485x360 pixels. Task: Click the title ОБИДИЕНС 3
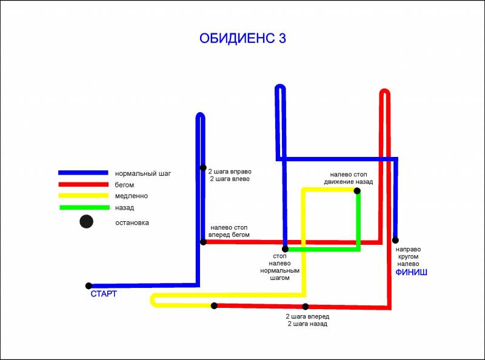tap(242, 38)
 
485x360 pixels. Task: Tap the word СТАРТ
tap(104, 294)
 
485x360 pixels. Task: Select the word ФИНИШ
tap(412, 272)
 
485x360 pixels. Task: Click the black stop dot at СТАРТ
tap(89, 286)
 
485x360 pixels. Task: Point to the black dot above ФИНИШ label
tap(395, 240)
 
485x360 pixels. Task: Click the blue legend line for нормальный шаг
tap(83, 173)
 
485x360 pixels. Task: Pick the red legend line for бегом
tap(83, 184)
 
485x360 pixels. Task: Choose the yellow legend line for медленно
tap(83, 196)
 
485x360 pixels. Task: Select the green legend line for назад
tap(84, 207)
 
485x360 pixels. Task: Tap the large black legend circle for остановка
tap(86, 221)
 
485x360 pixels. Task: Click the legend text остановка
tap(132, 222)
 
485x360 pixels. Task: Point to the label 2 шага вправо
tap(230, 172)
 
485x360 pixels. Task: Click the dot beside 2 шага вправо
tap(203, 168)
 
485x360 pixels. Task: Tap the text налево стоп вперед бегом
tap(229, 231)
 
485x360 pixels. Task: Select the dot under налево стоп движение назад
tap(357, 191)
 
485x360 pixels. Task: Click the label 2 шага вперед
tap(307, 316)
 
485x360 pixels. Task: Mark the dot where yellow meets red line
tap(214, 305)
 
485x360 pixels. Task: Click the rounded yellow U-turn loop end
tap(152, 300)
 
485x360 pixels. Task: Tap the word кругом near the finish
tap(408, 256)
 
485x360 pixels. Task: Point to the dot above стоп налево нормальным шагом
tap(285, 248)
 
